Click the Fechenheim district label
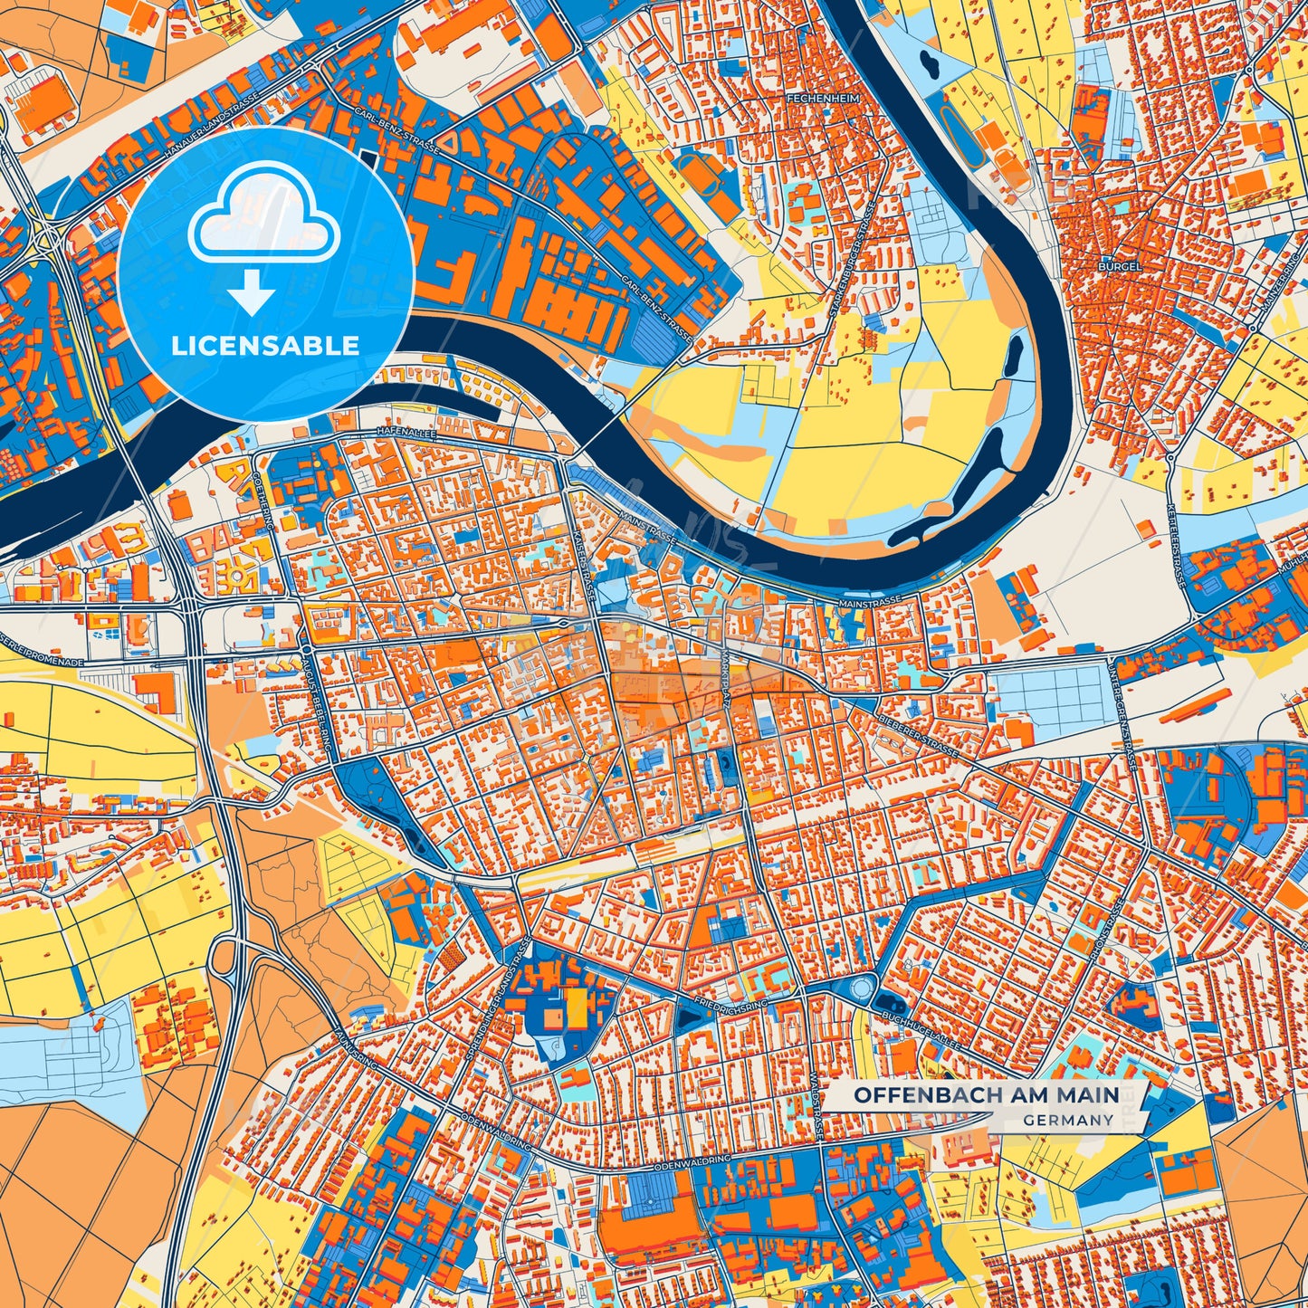(x=822, y=97)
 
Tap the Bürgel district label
(x=1120, y=268)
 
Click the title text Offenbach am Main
(x=986, y=1095)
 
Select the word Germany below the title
(x=1069, y=1120)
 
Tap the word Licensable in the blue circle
(x=266, y=345)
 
